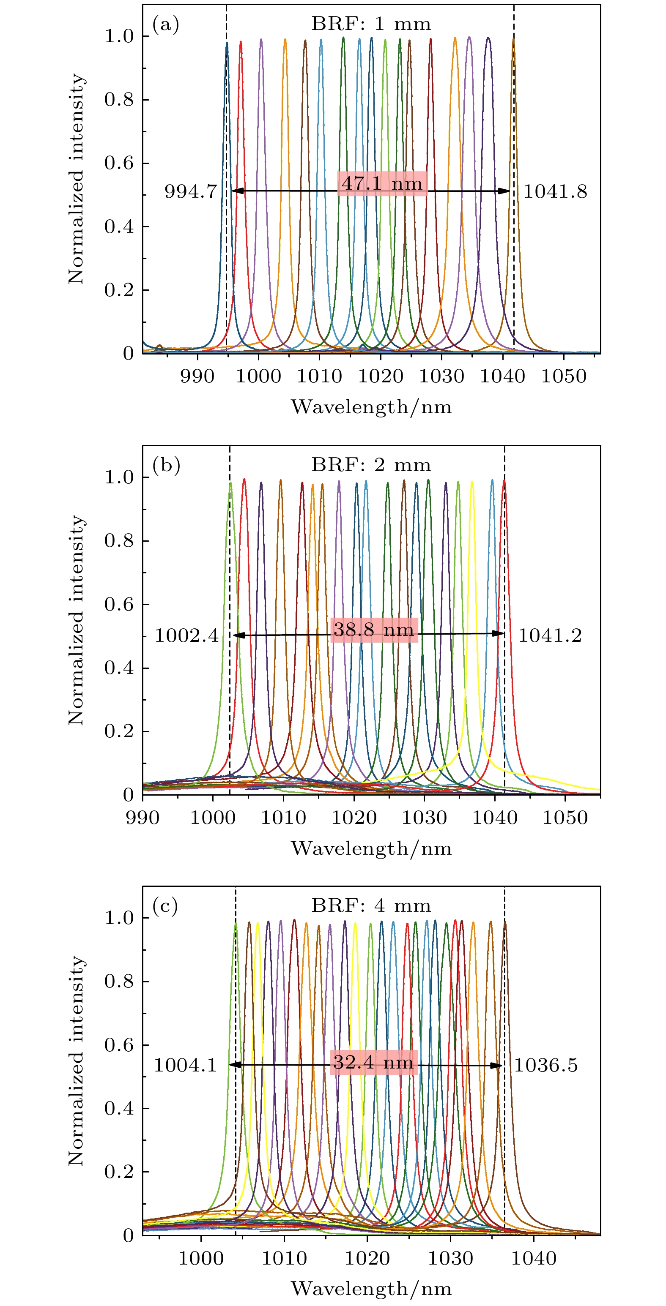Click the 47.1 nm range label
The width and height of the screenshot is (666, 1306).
coord(382,183)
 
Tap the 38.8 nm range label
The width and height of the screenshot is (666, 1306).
coord(374,630)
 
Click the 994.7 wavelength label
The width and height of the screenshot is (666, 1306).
coord(191,192)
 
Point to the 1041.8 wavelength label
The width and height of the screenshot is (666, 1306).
coord(555,192)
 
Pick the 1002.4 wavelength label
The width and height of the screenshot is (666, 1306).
coord(186,635)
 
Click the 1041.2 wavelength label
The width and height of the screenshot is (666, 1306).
coord(550,635)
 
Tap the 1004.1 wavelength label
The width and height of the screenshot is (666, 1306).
coord(185,1065)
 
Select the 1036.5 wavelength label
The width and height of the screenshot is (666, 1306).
coord(546,1065)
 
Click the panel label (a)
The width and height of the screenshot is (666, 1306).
coord(166,24)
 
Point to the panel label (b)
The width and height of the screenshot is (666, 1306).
coord(166,465)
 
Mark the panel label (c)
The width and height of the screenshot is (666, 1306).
coord(165,905)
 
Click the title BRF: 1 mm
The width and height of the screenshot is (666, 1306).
coord(371,24)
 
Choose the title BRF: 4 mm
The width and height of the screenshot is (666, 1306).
coord(371,905)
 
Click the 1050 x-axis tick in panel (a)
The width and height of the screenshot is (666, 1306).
coord(564,376)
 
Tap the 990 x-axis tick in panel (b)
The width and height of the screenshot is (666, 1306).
coord(143,817)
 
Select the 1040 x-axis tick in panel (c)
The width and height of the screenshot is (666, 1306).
coord(534,1258)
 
